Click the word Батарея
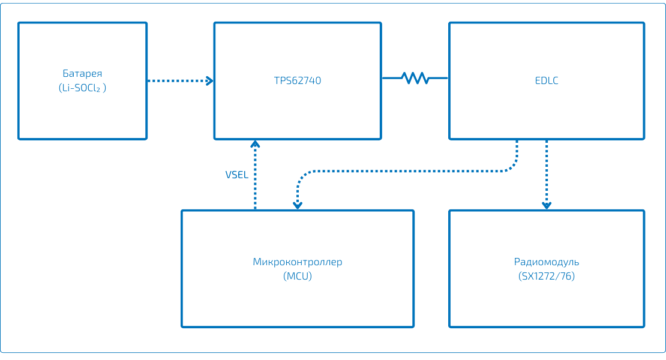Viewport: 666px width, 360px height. pos(82,73)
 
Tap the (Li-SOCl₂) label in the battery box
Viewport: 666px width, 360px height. pos(82,88)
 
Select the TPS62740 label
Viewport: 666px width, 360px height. pos(297,80)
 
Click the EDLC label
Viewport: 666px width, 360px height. pos(547,80)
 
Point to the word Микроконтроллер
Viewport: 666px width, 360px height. pos(297,262)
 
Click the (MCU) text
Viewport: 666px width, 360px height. pos(297,277)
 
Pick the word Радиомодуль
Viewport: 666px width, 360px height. pos(547,262)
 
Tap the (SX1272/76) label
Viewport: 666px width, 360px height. pos(547,277)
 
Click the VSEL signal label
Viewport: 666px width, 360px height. pos(237,175)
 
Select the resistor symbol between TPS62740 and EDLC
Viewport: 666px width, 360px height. pos(415,77)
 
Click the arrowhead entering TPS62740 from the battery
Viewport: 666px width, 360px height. pos(210,80)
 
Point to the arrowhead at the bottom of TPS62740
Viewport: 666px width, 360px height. pos(255,144)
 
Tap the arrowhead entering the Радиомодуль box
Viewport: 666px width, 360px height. pos(547,205)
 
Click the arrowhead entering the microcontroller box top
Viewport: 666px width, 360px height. pos(297,205)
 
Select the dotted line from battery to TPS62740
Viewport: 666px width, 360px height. pos(177,80)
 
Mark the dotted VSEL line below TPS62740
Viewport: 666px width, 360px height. pos(255,180)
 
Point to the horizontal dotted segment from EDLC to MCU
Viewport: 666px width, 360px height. pos(408,171)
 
